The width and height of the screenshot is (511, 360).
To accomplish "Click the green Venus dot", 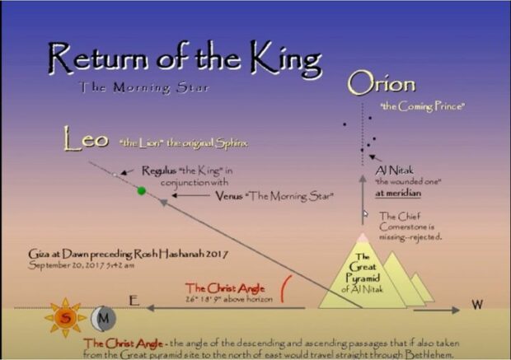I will (x=142, y=191).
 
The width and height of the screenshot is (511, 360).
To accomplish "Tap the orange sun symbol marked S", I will (x=65, y=316).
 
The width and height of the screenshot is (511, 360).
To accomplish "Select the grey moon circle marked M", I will (x=103, y=316).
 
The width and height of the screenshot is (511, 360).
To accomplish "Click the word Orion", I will (x=381, y=84).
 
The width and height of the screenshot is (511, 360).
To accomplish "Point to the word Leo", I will (x=86, y=140).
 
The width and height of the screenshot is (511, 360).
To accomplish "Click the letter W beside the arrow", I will (x=476, y=305).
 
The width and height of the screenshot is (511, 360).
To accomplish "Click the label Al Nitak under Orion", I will (x=391, y=169).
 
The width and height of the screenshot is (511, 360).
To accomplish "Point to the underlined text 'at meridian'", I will (x=398, y=193).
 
